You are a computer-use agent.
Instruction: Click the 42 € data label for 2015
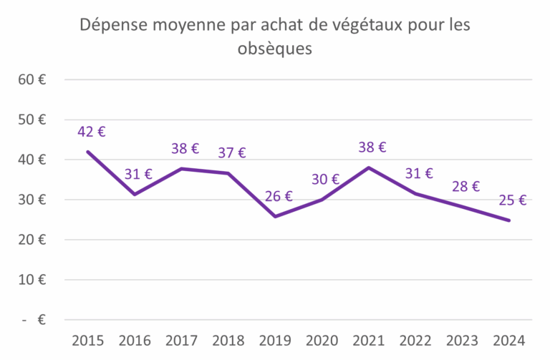[x=91, y=132]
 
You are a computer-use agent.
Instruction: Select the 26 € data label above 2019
[x=278, y=196]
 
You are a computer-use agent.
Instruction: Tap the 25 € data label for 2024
[x=512, y=200]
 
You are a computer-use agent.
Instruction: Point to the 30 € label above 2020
[x=325, y=179]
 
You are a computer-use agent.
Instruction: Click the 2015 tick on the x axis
[x=88, y=339]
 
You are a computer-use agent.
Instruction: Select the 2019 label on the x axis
[x=275, y=339]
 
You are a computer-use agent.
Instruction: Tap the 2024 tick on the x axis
[x=509, y=339]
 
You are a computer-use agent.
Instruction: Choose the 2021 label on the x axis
[x=369, y=339]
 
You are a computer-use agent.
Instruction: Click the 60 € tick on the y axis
[x=32, y=79]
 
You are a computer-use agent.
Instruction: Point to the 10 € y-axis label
[x=32, y=280]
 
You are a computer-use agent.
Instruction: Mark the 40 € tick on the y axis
[x=32, y=160]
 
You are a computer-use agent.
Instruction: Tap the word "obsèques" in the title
[x=275, y=49]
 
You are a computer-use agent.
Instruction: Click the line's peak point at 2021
[x=369, y=167]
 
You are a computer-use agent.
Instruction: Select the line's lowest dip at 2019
[x=275, y=216]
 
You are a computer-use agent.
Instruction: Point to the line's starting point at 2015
[x=88, y=152]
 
